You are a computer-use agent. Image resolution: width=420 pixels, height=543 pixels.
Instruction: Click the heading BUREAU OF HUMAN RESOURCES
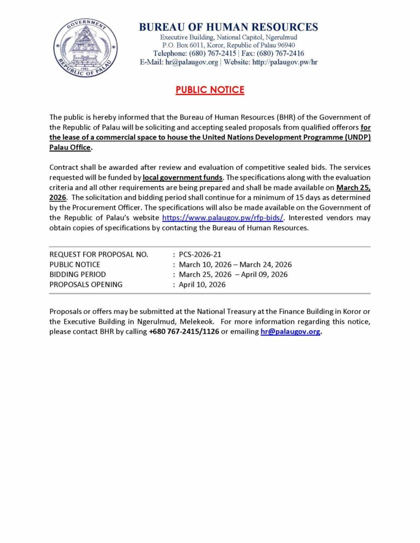coord(228,27)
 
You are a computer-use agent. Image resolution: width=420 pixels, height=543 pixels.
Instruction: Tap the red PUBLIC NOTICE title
coord(210,90)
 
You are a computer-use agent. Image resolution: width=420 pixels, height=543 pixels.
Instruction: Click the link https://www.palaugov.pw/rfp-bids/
coord(223,217)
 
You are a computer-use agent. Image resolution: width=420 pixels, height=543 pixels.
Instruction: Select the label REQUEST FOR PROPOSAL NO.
coord(98,255)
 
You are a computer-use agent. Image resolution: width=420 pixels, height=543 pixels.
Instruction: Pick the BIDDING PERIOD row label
coord(78,274)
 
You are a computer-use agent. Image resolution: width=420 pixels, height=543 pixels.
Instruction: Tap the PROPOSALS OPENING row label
coord(86,284)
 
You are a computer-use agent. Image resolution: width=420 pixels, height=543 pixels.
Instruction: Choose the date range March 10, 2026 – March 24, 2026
coord(235,264)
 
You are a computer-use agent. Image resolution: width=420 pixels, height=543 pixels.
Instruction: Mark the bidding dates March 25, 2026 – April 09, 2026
coord(233,274)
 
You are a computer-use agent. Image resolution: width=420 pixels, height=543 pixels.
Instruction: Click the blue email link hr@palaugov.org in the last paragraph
coord(290,332)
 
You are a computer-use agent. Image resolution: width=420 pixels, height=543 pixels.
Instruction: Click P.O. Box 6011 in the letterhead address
coord(184,45)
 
